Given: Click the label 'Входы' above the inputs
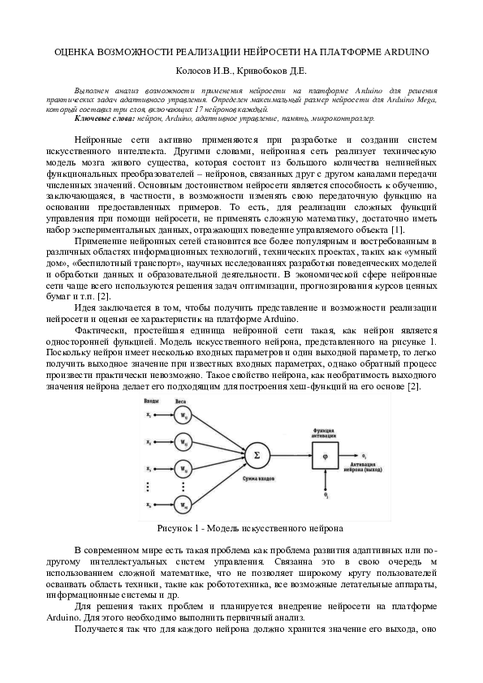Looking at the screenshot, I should click(152, 402).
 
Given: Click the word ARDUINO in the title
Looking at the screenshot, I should click(406, 51).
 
